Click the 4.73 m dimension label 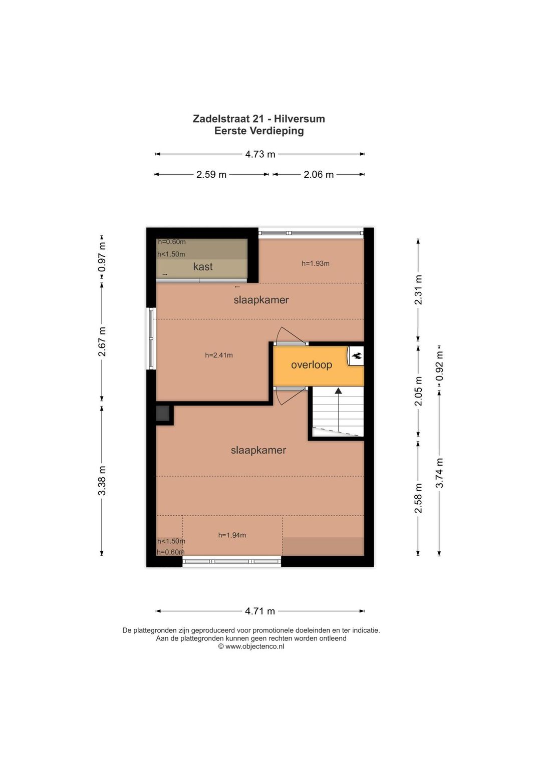(260, 154)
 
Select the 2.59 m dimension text (211, 175)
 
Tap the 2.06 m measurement (319, 175)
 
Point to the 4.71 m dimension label (260, 611)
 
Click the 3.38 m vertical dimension (102, 481)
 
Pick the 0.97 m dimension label (102, 257)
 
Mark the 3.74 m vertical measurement (439, 473)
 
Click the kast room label (203, 266)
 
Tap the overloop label (312, 365)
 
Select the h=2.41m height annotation (219, 355)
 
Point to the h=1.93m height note (316, 263)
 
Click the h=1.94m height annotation (232, 535)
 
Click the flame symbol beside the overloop (356, 356)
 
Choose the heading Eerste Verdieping (259, 131)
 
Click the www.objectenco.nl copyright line (251, 646)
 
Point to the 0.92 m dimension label (439, 366)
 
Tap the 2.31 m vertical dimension (418, 289)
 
